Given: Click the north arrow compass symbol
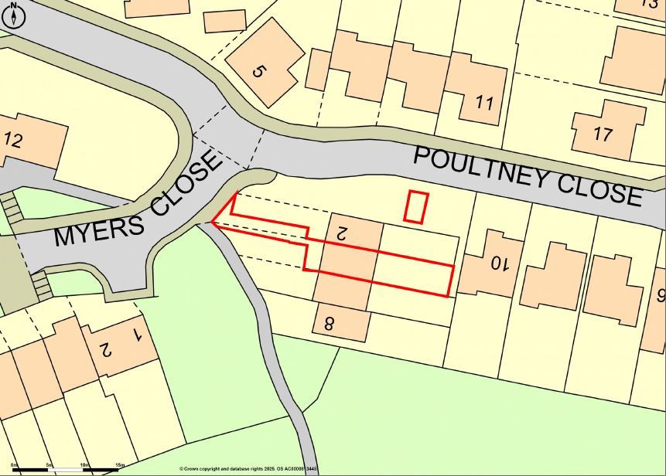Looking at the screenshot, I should coord(13,13).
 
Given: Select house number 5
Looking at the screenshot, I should coord(258,71).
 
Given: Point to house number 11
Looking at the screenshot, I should coord(484,102).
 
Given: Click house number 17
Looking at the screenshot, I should coord(603,134).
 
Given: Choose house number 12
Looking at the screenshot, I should coord(12,141).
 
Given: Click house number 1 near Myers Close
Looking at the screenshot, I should coord(137,335).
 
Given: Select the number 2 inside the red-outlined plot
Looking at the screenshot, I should coord(340,230).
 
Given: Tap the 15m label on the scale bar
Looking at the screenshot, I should coord(120,465).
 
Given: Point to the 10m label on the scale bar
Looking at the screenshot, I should coord(84,465).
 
